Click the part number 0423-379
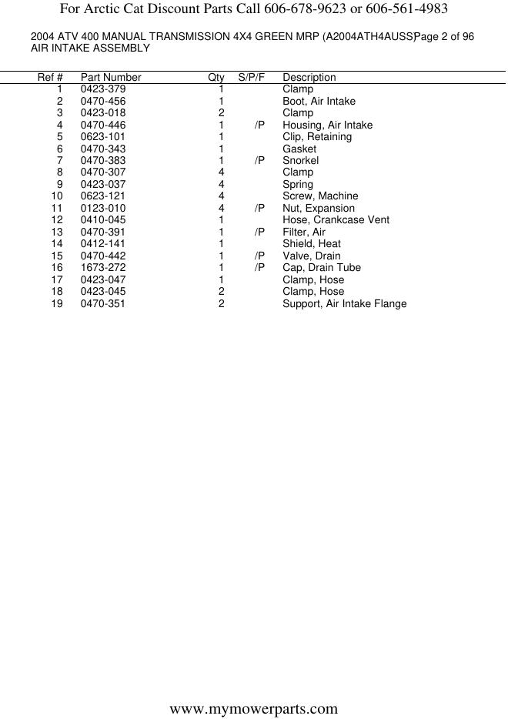click(x=102, y=89)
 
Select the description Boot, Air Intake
click(x=319, y=101)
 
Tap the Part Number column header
click(x=111, y=77)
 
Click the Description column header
click(x=309, y=77)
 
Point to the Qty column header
click(x=216, y=77)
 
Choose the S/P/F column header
click(x=252, y=77)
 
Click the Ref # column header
click(x=50, y=77)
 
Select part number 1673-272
click(x=102, y=267)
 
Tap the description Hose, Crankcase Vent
click(x=336, y=219)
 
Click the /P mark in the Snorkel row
click(x=259, y=160)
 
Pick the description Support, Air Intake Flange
click(x=344, y=303)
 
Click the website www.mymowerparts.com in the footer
click(x=253, y=708)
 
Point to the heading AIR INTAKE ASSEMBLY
click(x=90, y=48)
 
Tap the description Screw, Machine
click(x=320, y=196)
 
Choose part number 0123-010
click(x=102, y=208)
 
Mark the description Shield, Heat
click(x=311, y=243)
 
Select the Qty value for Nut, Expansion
click(x=221, y=208)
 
